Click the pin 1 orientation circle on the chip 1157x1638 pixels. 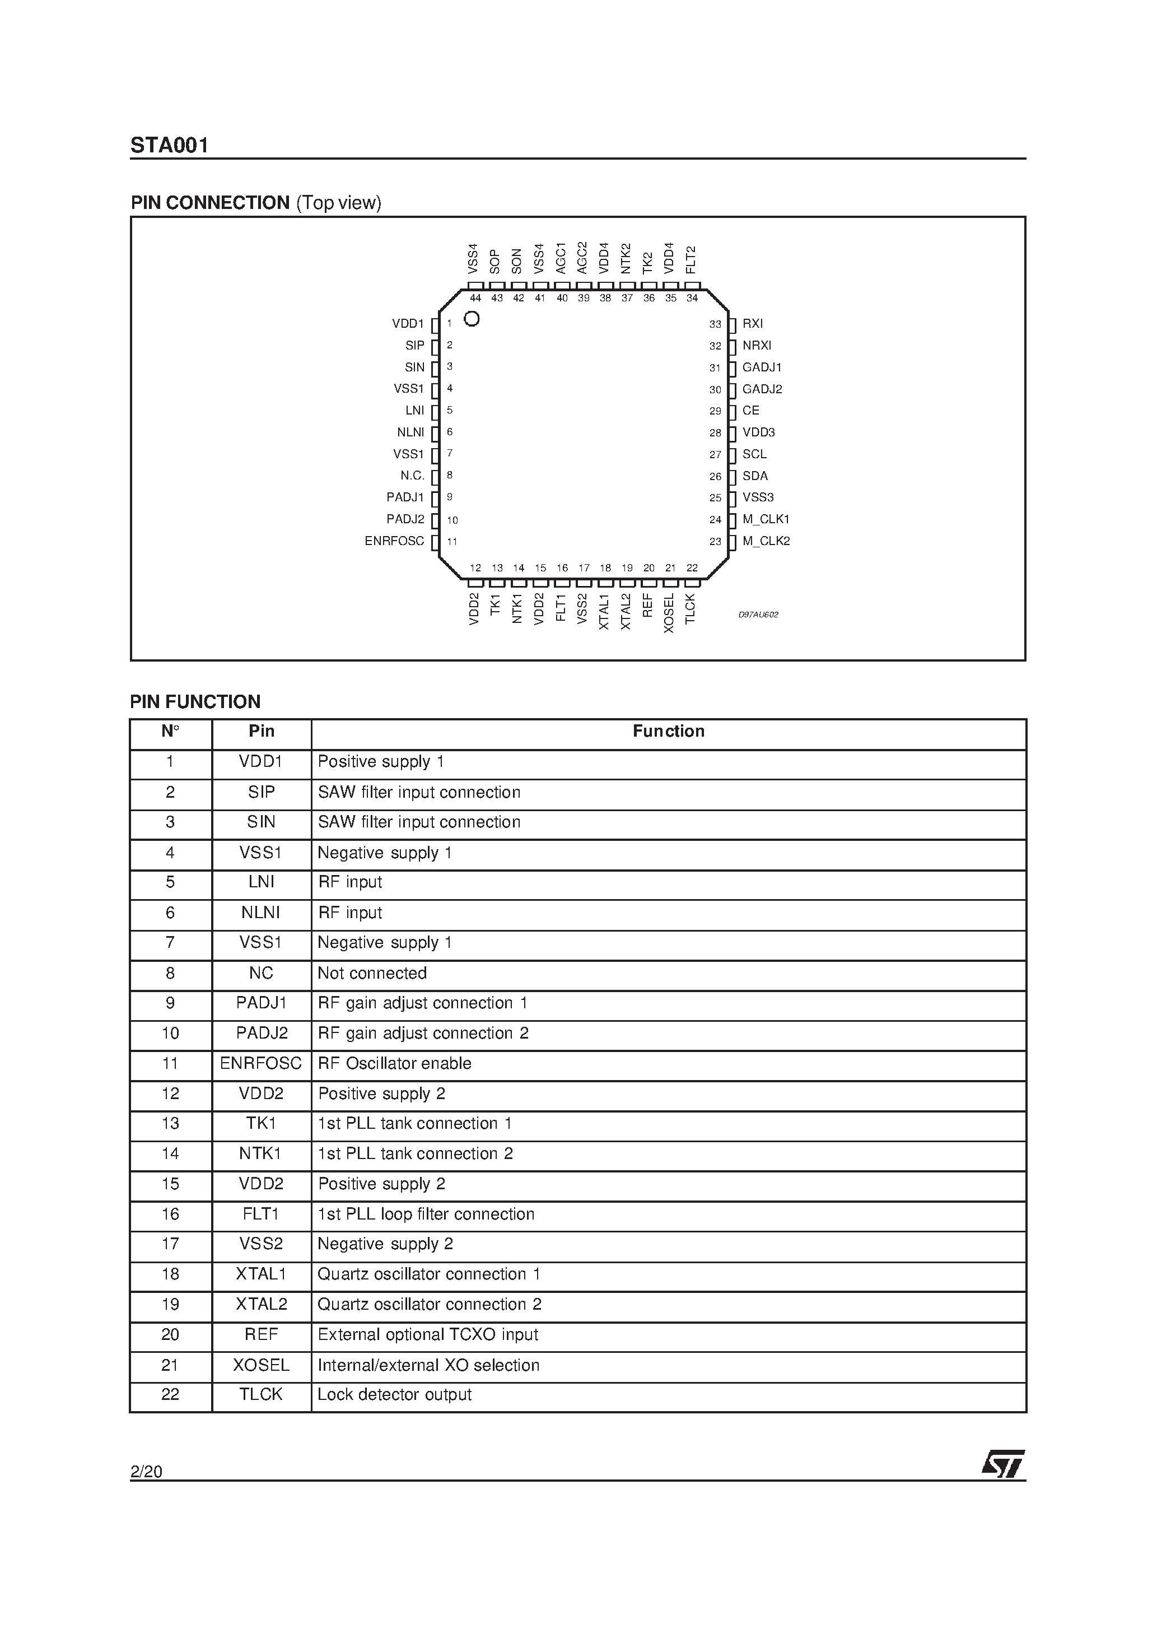[472, 319]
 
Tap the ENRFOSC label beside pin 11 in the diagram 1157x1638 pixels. [394, 541]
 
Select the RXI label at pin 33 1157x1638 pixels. [753, 324]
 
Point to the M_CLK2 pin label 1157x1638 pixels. [766, 541]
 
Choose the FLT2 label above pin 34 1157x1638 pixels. [691, 260]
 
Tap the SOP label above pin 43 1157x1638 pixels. [495, 261]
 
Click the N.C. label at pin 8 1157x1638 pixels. [412, 476]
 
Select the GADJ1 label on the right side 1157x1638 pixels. [762, 367]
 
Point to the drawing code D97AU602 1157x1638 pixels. [758, 614]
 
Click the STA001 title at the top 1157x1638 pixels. [169, 146]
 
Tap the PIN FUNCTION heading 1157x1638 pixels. [195, 702]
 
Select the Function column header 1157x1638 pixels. [668, 731]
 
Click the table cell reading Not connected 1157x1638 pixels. [372, 973]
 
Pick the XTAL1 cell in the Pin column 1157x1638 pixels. [261, 1274]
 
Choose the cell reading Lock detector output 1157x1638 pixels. [394, 1395]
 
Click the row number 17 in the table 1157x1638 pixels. [170, 1244]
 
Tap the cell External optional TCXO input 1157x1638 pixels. [428, 1335]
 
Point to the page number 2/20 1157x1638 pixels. [146, 1471]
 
